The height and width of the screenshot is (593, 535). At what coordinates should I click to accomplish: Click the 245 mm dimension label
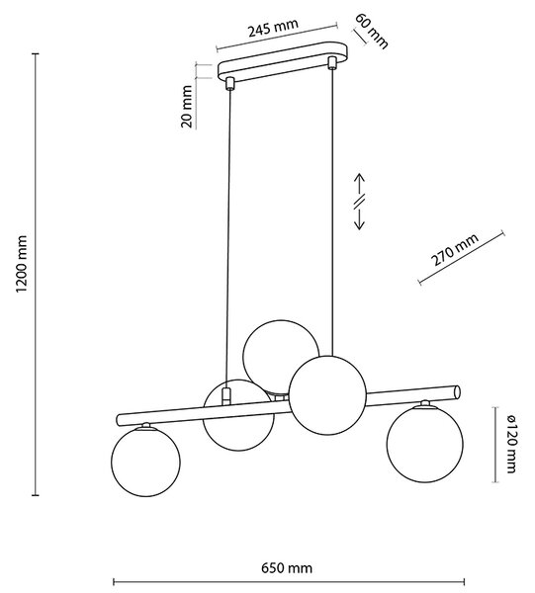click(273, 28)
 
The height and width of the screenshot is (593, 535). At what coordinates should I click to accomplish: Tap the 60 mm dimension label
click(372, 31)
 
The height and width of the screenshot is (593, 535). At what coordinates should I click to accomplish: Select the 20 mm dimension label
click(187, 107)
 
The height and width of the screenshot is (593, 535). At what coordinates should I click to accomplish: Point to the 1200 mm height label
click(22, 264)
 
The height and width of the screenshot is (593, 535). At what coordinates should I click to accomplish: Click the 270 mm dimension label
click(455, 250)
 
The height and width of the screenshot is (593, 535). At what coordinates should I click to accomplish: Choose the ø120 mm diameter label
click(510, 444)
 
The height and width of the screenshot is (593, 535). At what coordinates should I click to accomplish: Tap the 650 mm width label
click(287, 568)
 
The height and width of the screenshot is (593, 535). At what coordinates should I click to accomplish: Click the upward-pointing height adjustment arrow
click(359, 184)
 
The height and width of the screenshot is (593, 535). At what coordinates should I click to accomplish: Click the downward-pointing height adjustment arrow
click(359, 218)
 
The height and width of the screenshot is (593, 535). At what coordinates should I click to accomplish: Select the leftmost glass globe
click(145, 462)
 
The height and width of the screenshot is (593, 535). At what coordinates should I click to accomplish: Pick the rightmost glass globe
click(424, 444)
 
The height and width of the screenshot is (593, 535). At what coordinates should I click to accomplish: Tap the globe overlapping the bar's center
click(327, 395)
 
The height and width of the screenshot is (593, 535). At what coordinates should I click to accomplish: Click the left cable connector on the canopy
click(229, 84)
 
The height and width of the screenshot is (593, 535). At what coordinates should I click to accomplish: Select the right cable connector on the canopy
click(332, 63)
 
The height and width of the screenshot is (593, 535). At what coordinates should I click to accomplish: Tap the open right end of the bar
click(458, 391)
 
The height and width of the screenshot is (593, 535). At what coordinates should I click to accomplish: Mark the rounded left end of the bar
click(119, 419)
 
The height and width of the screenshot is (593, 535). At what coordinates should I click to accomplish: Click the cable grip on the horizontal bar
click(225, 396)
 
